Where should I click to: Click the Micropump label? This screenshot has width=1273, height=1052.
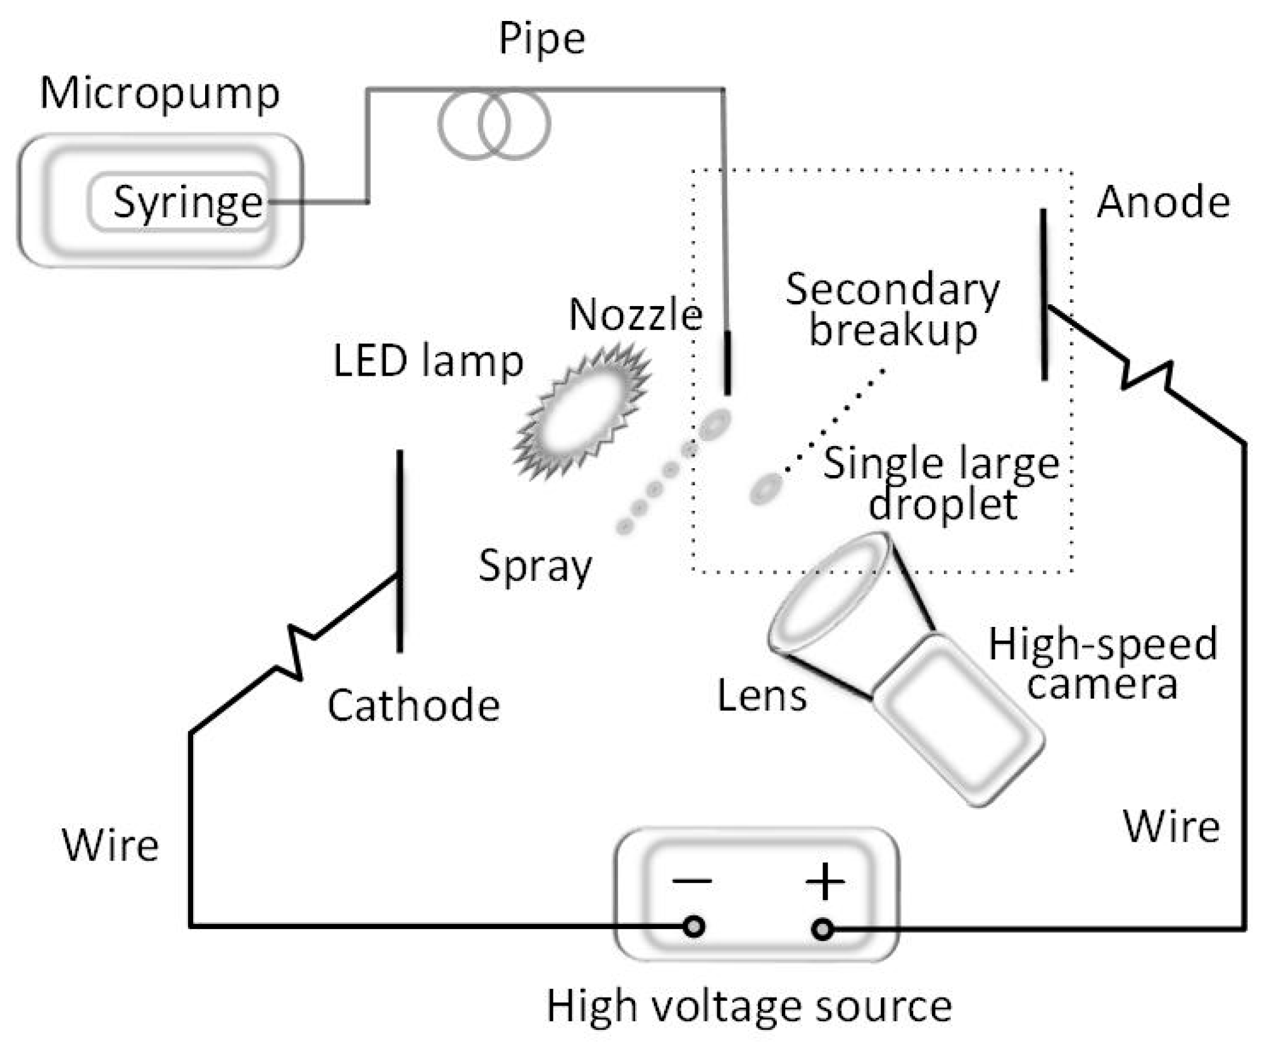(160, 95)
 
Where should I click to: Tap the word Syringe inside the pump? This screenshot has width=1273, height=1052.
(188, 202)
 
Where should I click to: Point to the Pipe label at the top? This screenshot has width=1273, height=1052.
(542, 39)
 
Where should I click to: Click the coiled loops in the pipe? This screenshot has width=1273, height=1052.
(494, 125)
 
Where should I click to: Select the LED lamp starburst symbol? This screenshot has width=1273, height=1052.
(581, 412)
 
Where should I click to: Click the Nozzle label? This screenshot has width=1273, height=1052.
(635, 315)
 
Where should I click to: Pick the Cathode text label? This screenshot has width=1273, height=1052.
(414, 706)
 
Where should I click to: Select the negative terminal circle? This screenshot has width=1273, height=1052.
(694, 927)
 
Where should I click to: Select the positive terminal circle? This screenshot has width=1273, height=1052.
(823, 928)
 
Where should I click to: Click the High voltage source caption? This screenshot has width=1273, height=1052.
(748, 1007)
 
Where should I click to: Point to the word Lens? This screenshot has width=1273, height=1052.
(761, 695)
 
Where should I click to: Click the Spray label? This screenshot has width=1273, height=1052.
(535, 566)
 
